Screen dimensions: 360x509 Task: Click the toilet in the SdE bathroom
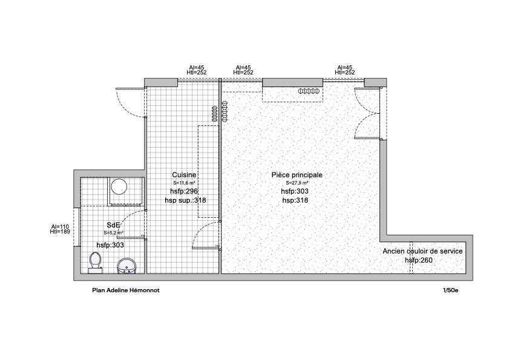(95, 261)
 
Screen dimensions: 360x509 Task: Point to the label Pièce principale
(297, 175)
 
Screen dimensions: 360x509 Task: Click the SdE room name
(113, 225)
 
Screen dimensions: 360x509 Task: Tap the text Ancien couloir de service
(422, 250)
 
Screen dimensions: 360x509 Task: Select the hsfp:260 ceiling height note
(419, 260)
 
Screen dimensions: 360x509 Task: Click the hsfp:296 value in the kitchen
(184, 191)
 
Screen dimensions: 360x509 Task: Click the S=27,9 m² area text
(297, 183)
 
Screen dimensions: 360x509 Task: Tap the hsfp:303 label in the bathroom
(110, 244)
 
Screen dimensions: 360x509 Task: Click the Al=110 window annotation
(61, 226)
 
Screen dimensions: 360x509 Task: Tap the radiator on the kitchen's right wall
(215, 113)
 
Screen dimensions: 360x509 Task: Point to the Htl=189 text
(61, 232)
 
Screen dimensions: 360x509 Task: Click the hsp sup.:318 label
(188, 200)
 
